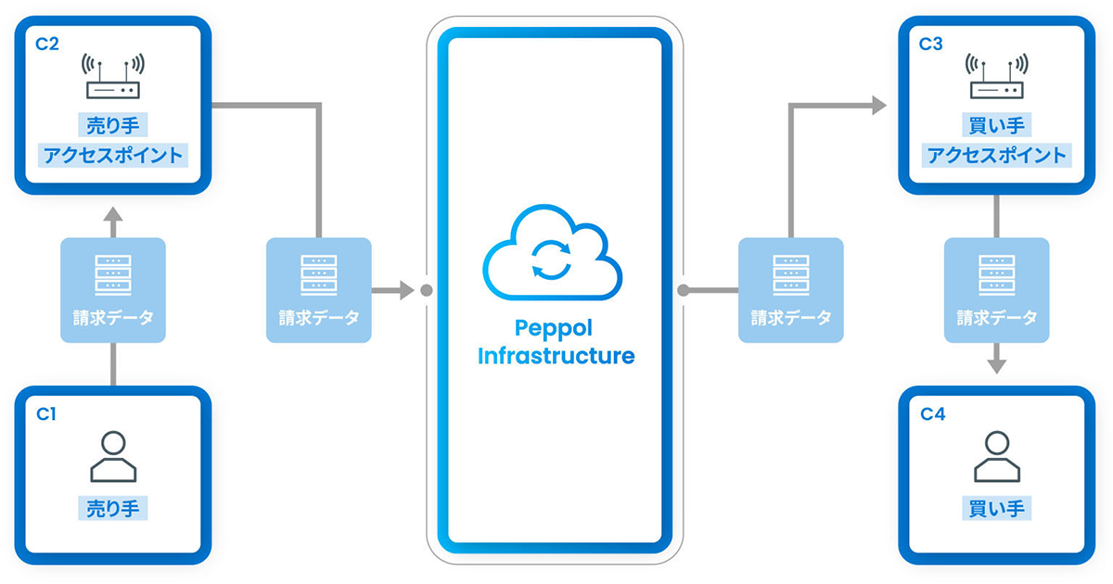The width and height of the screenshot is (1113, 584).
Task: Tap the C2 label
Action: tap(47, 44)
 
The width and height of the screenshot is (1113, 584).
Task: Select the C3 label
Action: tap(931, 44)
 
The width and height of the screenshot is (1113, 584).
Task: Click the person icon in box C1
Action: tap(113, 456)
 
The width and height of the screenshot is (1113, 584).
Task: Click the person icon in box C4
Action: tap(996, 456)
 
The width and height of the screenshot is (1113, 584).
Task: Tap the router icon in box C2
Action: tap(113, 77)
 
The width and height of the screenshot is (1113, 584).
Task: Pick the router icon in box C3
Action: tap(997, 77)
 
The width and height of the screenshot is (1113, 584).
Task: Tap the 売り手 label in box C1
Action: tap(113, 507)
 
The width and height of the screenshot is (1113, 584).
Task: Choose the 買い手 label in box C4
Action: tap(997, 507)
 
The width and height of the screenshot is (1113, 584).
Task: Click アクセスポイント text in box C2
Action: tap(113, 154)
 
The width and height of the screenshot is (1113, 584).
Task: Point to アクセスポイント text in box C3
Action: tap(997, 154)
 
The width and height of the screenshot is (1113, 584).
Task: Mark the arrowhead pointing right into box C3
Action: tap(876, 106)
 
